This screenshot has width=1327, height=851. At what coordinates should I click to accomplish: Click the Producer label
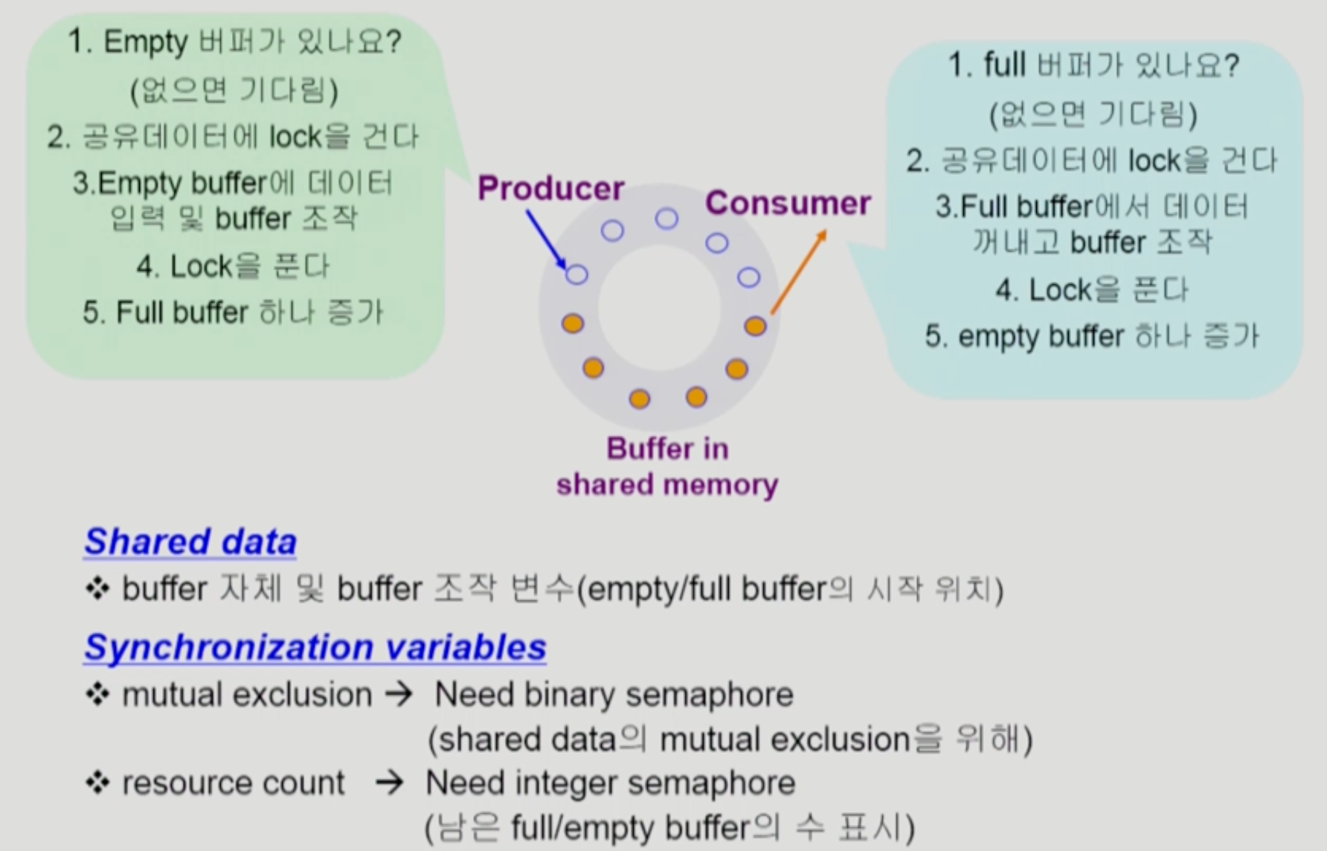(x=550, y=188)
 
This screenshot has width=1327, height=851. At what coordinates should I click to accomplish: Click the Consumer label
(x=788, y=203)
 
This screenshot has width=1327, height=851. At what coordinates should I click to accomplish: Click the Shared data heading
(x=190, y=542)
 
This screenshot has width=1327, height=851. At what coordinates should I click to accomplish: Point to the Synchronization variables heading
(x=315, y=647)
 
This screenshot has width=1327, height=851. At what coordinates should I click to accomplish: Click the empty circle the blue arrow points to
(x=577, y=274)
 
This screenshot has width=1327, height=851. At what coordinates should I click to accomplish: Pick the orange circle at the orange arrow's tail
(x=755, y=326)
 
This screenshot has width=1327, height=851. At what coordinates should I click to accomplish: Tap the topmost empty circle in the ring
(x=666, y=218)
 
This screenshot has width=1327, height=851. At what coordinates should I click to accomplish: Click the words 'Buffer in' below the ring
(x=667, y=449)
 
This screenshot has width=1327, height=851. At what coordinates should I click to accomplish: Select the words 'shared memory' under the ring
(x=667, y=484)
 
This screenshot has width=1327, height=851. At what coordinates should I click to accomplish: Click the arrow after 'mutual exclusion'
(x=399, y=695)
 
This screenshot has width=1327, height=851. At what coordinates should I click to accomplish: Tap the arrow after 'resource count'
(x=389, y=783)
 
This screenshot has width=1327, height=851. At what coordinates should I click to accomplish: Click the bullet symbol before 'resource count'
(x=97, y=783)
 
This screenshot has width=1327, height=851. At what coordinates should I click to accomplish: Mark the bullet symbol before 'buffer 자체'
(x=97, y=589)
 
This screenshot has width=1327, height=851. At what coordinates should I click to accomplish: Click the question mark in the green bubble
(x=394, y=41)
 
